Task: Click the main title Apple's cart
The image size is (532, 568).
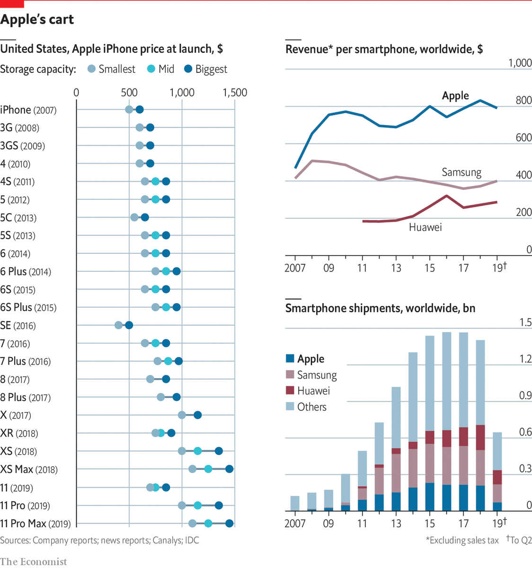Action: tap(37, 19)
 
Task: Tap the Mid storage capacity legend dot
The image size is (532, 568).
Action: tap(151, 69)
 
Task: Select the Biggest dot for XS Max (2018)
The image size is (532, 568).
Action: tap(229, 469)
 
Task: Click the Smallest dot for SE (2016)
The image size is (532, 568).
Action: tap(118, 325)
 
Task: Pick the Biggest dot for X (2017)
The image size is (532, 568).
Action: tap(198, 415)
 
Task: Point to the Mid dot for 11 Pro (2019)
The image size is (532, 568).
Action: tap(198, 506)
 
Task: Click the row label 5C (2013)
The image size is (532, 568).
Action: tap(18, 218)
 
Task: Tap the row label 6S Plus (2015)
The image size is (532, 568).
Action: tap(28, 308)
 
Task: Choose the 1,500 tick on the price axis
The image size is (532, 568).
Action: tap(235, 93)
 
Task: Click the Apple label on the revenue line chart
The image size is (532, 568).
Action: tap(455, 96)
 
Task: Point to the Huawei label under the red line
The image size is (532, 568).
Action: tap(425, 228)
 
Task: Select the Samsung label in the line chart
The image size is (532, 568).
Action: tap(461, 172)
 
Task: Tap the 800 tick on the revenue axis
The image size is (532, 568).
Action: tap(523, 100)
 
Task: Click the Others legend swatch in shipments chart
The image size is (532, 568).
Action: tap(290, 406)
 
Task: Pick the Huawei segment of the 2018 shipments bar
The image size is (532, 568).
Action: tap(480, 438)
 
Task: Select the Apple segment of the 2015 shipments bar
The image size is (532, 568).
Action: tap(430, 497)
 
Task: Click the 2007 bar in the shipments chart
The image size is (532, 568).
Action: tap(295, 503)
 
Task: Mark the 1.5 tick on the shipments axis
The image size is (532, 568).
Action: tap(525, 323)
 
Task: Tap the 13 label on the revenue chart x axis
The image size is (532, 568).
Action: tap(396, 268)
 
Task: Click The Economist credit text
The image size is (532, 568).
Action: tap(34, 562)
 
